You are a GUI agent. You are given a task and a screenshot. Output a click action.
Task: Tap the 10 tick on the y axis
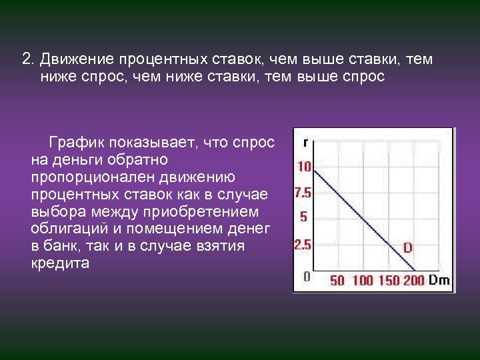(x=304, y=167)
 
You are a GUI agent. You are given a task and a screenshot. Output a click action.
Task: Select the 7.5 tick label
(x=303, y=193)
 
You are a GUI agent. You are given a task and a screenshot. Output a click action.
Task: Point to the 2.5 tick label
(x=303, y=245)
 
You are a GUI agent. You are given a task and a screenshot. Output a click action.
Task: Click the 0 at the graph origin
(x=306, y=275)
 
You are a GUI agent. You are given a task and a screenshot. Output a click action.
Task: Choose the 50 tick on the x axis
(x=337, y=281)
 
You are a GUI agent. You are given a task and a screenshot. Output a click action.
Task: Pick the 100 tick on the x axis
(x=362, y=281)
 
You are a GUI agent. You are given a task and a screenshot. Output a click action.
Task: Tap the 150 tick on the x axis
(x=389, y=281)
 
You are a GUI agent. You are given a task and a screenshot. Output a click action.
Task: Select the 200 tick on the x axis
(x=414, y=281)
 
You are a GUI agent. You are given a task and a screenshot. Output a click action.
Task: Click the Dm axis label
(x=439, y=280)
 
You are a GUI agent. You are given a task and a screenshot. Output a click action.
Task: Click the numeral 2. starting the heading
(x=28, y=59)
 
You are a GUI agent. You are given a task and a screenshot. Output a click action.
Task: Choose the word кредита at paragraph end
(x=60, y=263)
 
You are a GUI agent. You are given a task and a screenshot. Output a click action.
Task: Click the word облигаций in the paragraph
(x=64, y=229)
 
